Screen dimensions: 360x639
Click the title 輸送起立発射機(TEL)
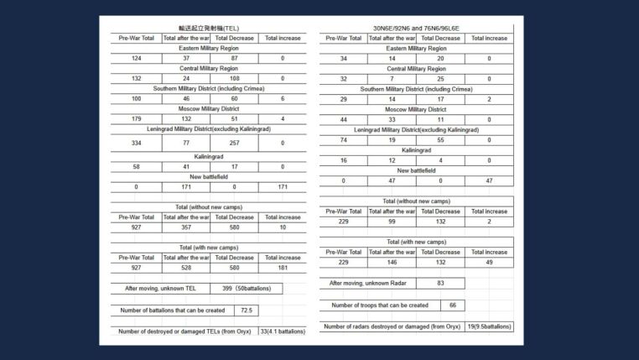coord(209,29)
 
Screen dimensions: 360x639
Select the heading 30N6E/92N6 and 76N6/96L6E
coord(416,29)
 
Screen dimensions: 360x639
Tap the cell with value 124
coord(136,58)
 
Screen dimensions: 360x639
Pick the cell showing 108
coord(234,78)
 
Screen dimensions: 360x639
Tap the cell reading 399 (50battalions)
coord(239,288)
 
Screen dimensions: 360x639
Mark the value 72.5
coord(247,310)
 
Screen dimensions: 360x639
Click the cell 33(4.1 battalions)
coord(283,331)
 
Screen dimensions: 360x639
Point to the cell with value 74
coord(343,140)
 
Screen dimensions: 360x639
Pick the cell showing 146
coord(392,263)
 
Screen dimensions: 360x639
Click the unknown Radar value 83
coord(440,284)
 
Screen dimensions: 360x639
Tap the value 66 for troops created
coord(453,305)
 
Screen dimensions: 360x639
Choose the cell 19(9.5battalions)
coord(489,326)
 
